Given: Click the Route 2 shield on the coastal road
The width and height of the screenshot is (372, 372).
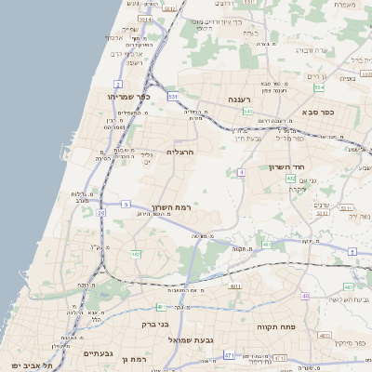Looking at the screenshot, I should (118, 85).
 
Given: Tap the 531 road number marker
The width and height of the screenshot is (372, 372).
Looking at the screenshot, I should (172, 96).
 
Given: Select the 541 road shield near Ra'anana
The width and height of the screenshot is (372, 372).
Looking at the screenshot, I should (248, 112).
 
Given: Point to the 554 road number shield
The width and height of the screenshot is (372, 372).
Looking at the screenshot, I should (319, 87).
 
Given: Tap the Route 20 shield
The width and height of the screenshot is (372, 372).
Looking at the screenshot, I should (100, 213).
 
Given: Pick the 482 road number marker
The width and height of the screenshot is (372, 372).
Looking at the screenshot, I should (136, 253).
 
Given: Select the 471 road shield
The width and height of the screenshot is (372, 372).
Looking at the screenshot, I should (229, 355).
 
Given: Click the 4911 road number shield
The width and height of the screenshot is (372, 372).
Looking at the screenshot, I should (234, 286).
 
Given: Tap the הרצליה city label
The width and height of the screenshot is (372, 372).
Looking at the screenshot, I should (180, 151).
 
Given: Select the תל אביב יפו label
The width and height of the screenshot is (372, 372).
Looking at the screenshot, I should (29, 365).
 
